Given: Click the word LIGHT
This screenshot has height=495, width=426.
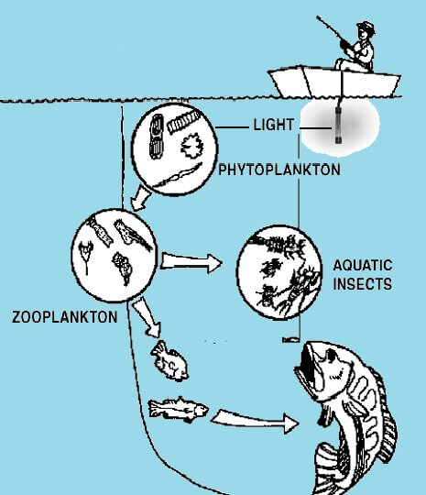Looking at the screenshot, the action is pos(274,125).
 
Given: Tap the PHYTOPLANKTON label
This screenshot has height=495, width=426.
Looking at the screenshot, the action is pos(279,170).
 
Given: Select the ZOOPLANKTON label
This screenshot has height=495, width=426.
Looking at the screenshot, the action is pos(65,316).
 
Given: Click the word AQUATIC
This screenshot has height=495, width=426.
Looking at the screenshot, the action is pos(363,265).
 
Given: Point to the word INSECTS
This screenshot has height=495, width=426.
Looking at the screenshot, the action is pos(363,283).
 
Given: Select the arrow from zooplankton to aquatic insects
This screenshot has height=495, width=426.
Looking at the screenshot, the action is pos(191,263).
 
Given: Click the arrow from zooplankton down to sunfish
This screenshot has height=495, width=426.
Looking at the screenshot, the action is pos(147,317).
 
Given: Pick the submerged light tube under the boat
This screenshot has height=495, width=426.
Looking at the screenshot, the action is pos(339,126).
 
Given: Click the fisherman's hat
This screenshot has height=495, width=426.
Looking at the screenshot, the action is pos(366,26).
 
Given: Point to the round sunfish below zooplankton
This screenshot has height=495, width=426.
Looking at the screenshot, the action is pos(169,360).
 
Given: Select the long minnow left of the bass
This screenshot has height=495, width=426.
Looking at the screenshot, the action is pos(178,409).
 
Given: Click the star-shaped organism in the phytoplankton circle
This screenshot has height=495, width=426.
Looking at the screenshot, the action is pos(191,146).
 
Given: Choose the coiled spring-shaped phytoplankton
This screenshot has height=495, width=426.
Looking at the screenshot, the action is pos(183,122).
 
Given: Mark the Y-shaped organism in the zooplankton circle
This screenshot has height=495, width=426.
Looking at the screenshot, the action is pos(86,254).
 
